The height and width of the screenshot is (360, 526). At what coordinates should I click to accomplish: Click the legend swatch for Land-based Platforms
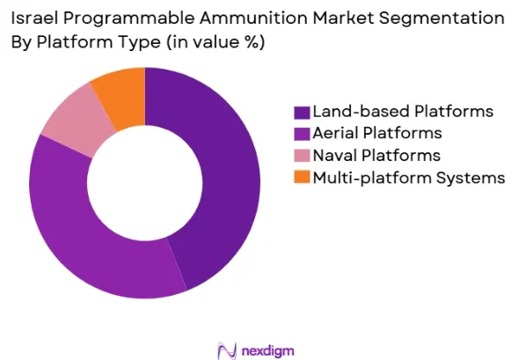point(302,113)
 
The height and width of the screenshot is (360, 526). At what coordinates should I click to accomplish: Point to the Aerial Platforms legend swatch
point(302,135)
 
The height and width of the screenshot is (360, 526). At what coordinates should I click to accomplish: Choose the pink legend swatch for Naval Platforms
point(302,156)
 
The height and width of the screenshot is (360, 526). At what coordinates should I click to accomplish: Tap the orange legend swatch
point(302,177)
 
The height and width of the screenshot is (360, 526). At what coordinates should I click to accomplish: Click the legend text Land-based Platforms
point(403,112)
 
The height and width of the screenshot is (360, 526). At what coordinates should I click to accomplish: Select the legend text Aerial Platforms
point(377,133)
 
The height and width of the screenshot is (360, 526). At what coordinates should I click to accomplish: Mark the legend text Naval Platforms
point(376,155)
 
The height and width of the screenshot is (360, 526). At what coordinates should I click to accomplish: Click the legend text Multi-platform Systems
point(409,178)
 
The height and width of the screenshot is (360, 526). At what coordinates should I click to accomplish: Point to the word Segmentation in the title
point(442,18)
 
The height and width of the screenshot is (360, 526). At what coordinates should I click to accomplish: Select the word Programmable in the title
point(128,18)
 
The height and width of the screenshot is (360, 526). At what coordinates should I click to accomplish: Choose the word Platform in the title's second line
point(75,42)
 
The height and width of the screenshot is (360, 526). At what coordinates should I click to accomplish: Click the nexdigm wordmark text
point(267,351)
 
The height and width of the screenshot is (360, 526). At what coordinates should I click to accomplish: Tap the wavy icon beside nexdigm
point(227,351)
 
